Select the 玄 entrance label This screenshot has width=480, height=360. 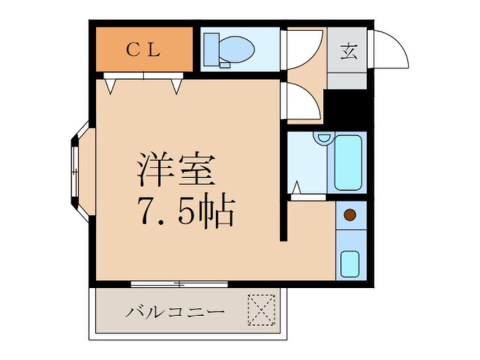click(x=347, y=52)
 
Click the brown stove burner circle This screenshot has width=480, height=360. click(x=350, y=215)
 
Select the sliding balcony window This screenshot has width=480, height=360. click(x=179, y=283)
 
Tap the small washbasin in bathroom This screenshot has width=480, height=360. click(x=324, y=138)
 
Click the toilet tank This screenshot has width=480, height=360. click(x=210, y=50)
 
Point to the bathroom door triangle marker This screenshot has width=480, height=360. click(x=296, y=187)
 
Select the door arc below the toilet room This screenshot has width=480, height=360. click(x=302, y=102)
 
